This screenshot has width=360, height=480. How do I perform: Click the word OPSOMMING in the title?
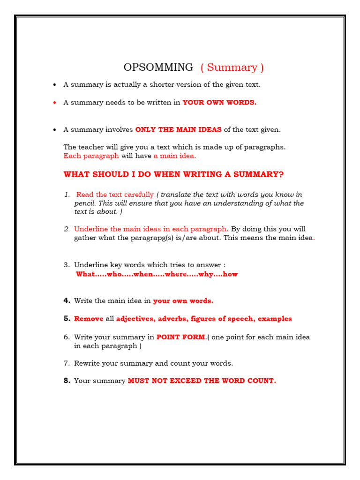click(158, 67)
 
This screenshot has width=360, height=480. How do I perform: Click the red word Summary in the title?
click(232, 67)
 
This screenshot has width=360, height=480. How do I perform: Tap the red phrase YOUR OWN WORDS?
click(219, 103)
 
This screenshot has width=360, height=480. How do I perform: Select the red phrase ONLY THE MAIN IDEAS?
click(178, 130)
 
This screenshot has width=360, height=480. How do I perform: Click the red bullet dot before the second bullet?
click(55, 103)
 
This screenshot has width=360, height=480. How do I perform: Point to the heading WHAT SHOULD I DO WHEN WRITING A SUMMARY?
click(173, 174)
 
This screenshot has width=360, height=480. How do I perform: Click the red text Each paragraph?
click(91, 156)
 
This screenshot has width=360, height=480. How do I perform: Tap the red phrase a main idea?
click(175, 156)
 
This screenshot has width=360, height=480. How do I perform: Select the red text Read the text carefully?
click(115, 195)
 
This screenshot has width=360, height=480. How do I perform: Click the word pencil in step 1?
click(84, 203)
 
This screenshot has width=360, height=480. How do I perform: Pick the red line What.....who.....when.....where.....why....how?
click(157, 274)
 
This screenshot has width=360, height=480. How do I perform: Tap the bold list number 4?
click(67, 300)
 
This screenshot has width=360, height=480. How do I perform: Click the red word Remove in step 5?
click(89, 319)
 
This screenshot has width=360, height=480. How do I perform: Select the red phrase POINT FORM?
click(181, 337)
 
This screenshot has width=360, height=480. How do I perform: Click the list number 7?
click(67, 363)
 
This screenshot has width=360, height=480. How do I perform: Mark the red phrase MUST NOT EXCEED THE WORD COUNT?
click(202, 381)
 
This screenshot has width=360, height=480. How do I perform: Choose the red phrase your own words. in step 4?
click(183, 301)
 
